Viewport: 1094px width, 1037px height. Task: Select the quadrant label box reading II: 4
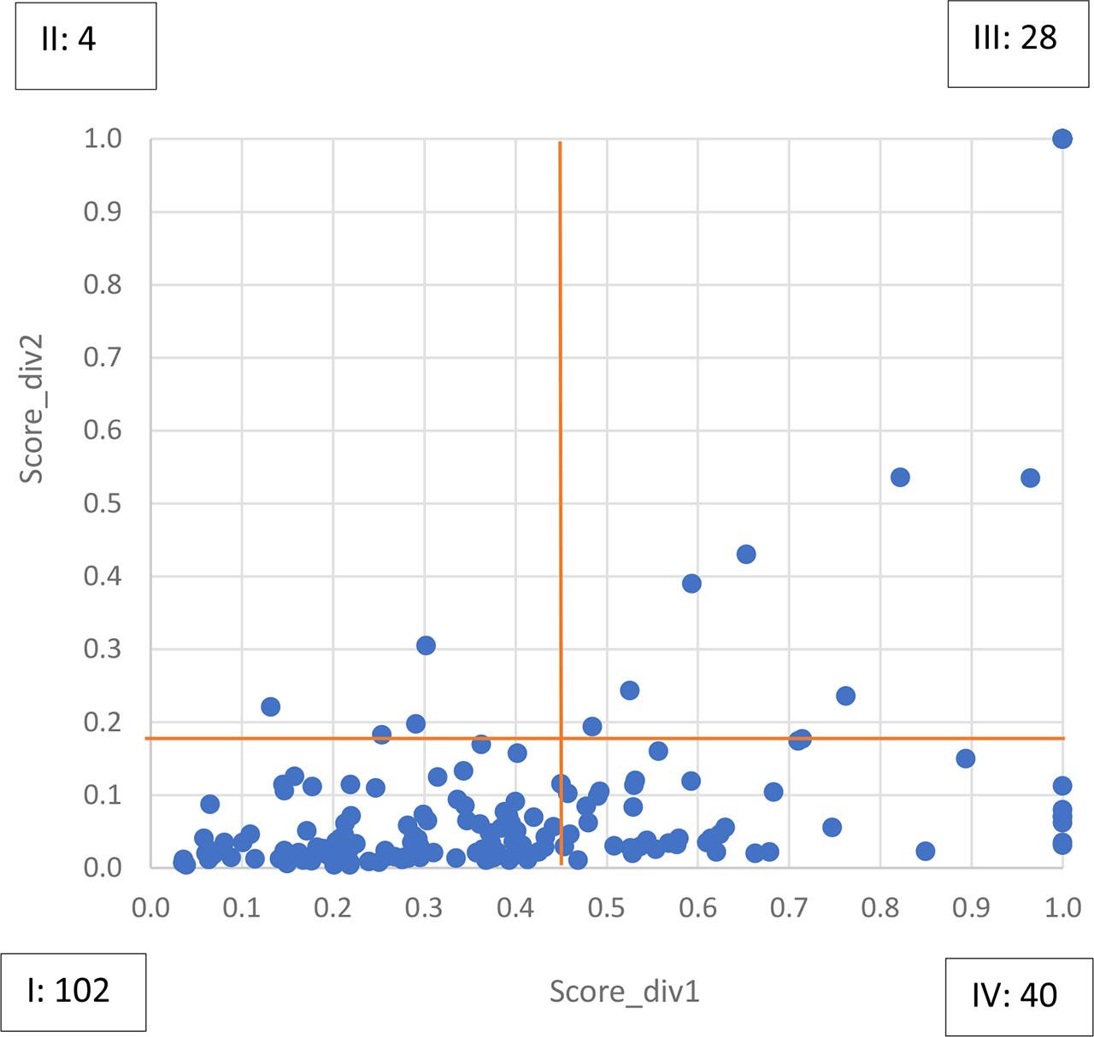[x=85, y=45]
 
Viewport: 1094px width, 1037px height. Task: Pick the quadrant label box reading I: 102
[x=74, y=992]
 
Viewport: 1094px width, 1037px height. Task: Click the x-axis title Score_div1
[x=624, y=992]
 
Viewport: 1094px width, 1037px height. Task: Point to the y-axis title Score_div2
[x=32, y=407]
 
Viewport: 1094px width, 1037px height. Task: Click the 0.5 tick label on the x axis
[x=607, y=906]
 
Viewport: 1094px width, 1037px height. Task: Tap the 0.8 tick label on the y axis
[x=103, y=284]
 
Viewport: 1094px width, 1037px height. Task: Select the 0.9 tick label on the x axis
[x=972, y=906]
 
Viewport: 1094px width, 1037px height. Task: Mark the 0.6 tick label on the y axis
[x=103, y=431]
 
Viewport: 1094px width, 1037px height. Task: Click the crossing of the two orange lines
[x=560, y=737]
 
